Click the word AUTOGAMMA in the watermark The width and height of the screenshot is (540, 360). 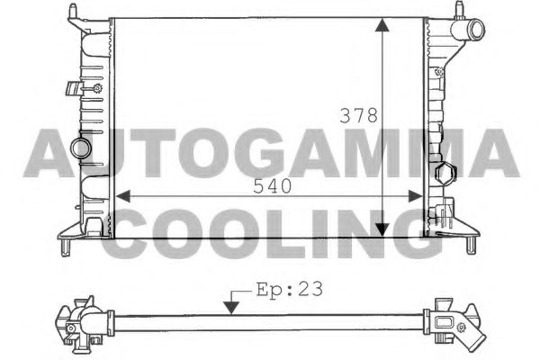pyautogui.click(x=270, y=153)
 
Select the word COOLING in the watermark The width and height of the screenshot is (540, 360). pyautogui.click(x=270, y=232)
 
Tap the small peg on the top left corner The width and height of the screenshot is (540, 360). pyautogui.click(x=68, y=10)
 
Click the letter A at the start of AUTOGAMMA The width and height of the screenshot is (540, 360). pyautogui.click(x=54, y=153)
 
